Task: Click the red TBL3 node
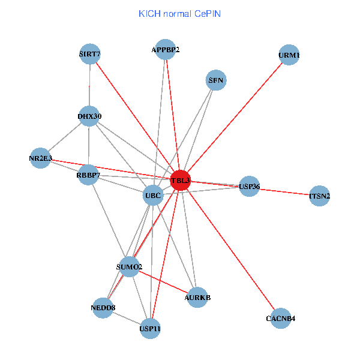tap(181, 181)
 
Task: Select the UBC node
tap(153, 196)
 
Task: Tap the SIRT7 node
tap(90, 54)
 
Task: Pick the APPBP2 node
tap(166, 50)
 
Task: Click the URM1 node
tap(289, 55)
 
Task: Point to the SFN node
tap(216, 80)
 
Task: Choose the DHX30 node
tap(89, 116)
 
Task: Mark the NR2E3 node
tap(40, 158)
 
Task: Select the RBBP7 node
tap(88, 175)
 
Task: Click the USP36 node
tap(250, 186)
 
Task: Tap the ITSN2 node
tap(320, 196)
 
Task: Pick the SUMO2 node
tap(129, 267)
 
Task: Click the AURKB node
tap(197, 298)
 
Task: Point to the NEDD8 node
tap(103, 308)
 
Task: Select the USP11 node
tap(150, 329)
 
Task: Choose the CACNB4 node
tap(281, 319)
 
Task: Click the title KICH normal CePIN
tap(180, 14)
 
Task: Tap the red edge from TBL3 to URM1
tap(235, 118)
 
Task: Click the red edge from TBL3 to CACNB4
tap(231, 250)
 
